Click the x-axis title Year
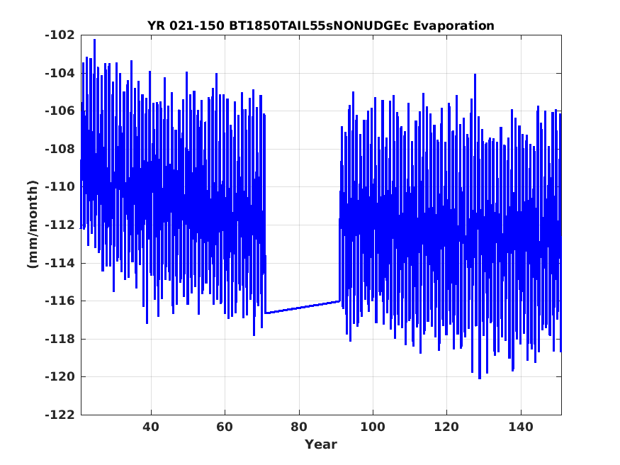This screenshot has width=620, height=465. click(x=320, y=444)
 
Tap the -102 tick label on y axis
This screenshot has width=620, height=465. click(x=60, y=35)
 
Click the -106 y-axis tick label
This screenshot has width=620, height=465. click(x=60, y=111)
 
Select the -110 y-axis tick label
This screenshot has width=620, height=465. click(x=60, y=187)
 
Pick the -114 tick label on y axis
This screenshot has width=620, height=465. click(x=60, y=263)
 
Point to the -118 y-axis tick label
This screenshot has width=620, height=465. click(x=60, y=339)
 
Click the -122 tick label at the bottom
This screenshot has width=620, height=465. click(x=60, y=415)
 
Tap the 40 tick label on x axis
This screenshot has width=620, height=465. click(x=151, y=427)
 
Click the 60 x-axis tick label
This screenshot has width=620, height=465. click(x=225, y=427)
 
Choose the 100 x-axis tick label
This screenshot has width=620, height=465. click(x=373, y=427)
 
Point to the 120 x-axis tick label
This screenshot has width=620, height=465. click(x=446, y=427)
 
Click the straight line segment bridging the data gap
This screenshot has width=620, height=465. click(x=303, y=307)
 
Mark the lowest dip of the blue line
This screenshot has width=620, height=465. click(x=480, y=379)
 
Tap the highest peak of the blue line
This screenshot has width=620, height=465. click(x=94, y=40)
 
